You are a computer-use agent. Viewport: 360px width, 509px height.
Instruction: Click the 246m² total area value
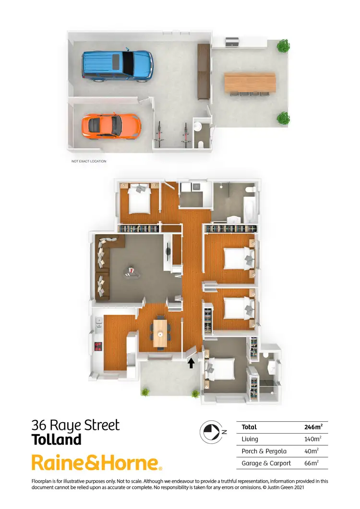pos(313,426)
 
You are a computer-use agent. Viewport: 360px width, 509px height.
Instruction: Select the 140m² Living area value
pos(313,439)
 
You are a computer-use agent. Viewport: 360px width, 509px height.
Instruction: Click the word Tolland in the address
pos(56,439)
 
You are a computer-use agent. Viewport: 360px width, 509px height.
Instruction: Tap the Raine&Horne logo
pos(96,463)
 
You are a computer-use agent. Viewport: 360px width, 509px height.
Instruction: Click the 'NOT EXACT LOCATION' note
pos(89,161)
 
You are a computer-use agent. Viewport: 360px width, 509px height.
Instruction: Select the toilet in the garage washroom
pos(201,143)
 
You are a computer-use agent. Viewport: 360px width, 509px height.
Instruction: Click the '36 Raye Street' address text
pos(75,425)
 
